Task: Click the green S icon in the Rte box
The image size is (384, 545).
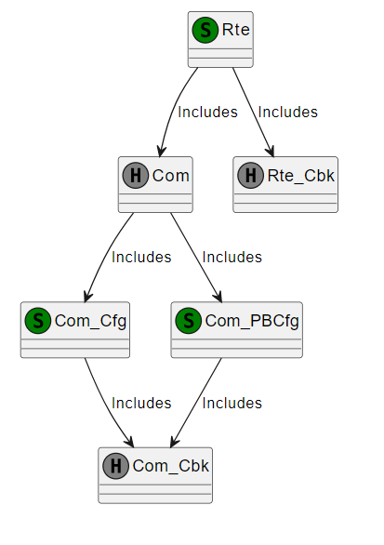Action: (x=205, y=31)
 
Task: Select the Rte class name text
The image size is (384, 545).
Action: (x=236, y=30)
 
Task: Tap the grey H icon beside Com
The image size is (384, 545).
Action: (x=136, y=176)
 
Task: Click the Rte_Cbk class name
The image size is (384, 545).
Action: (x=301, y=176)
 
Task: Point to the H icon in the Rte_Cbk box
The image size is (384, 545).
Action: (x=250, y=176)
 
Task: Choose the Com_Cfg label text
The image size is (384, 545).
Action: (x=90, y=321)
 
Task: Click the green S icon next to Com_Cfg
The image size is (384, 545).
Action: (x=38, y=321)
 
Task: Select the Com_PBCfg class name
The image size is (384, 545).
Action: (x=252, y=321)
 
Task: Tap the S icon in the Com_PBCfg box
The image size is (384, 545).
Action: (x=189, y=321)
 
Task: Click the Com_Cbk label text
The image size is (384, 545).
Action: (x=171, y=467)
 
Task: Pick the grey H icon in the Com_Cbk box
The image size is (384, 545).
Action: (x=116, y=466)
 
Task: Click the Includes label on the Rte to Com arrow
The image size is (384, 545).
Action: (x=208, y=113)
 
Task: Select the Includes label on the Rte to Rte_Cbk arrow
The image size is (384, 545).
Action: (x=287, y=113)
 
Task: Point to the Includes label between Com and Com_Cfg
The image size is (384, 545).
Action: (x=141, y=258)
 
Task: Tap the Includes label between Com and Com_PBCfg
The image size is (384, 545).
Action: (x=232, y=258)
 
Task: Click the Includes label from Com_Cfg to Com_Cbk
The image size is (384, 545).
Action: (x=141, y=404)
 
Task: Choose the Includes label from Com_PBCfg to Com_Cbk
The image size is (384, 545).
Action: (x=232, y=404)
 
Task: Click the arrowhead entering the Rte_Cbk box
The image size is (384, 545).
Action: (x=271, y=152)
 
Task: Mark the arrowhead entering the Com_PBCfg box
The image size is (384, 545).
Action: (x=218, y=297)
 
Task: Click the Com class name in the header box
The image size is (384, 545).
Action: (x=171, y=176)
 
